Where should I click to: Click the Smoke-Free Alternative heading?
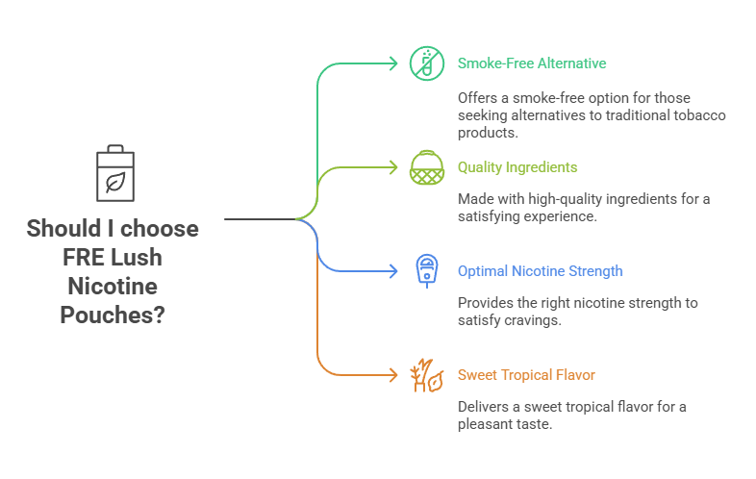tap(531, 63)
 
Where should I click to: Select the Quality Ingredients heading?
tap(517, 167)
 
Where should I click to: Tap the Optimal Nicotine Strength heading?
tap(540, 271)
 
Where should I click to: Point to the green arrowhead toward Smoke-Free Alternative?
tap(391, 63)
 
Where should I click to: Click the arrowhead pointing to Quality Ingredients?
tap(391, 167)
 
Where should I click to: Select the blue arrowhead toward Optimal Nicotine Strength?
tap(391, 271)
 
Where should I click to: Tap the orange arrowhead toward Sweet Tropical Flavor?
tap(391, 375)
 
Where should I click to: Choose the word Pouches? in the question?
tap(113, 315)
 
